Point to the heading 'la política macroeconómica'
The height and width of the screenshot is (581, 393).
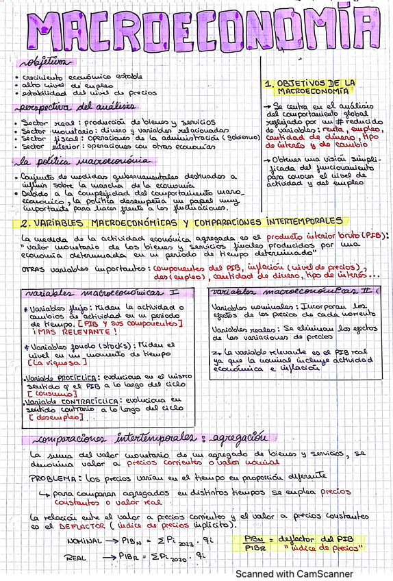pos(82,161)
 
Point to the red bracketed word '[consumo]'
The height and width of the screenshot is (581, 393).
pos(52,393)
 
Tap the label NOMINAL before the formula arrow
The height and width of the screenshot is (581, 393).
pos(86,541)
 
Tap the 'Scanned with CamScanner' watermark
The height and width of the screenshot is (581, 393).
pos(295,573)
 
